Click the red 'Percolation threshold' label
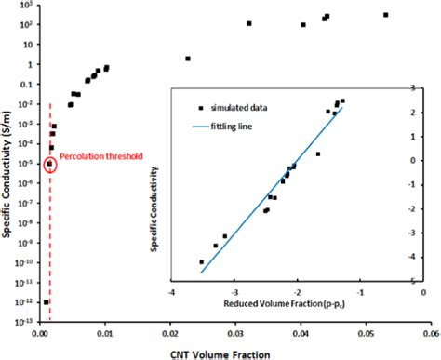pyautogui.click(x=101, y=157)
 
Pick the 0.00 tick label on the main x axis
pyautogui.click(x=41, y=331)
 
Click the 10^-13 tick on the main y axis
pyautogui.click(x=27, y=322)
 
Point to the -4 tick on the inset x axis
pyautogui.click(x=172, y=290)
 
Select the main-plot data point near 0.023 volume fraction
pyautogui.click(x=188, y=59)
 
